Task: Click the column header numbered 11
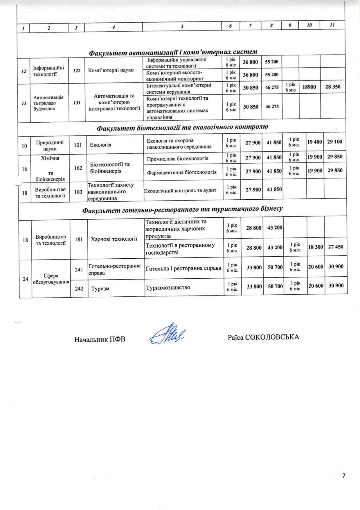[x=332, y=25]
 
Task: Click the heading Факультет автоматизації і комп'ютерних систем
[x=173, y=52]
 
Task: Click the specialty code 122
[x=77, y=71]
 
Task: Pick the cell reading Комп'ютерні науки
[x=111, y=70]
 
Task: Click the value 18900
[x=309, y=87]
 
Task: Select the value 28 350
[x=333, y=87]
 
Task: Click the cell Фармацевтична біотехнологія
[x=181, y=172]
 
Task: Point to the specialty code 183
[x=78, y=192]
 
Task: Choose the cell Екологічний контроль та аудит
[x=180, y=191]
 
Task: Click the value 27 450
[x=336, y=247]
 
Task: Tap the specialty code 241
[x=79, y=270]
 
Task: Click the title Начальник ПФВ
[x=100, y=339]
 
